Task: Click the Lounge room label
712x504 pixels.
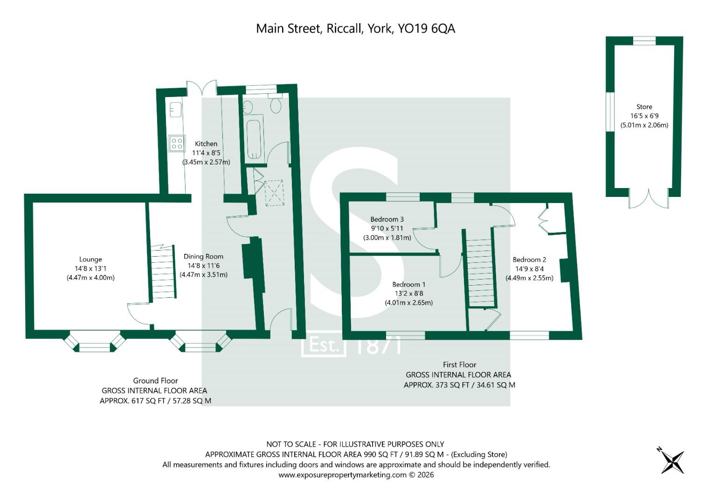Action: (90, 259)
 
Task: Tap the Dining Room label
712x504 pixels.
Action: (203, 256)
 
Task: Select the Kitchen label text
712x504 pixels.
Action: (206, 144)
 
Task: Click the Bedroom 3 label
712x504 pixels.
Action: (387, 219)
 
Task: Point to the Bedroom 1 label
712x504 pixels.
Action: (408, 284)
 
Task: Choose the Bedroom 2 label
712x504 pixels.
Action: (529, 259)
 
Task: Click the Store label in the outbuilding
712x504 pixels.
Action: (644, 107)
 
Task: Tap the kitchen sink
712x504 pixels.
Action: (176, 110)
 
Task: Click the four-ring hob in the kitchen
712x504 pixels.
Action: (177, 143)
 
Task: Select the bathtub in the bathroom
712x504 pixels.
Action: (255, 139)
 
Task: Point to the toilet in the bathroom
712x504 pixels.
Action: (276, 105)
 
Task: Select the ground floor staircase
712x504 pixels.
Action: (163, 273)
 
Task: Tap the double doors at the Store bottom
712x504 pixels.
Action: (648, 199)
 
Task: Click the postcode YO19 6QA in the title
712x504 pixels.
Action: (426, 28)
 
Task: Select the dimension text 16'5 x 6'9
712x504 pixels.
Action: (644, 116)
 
